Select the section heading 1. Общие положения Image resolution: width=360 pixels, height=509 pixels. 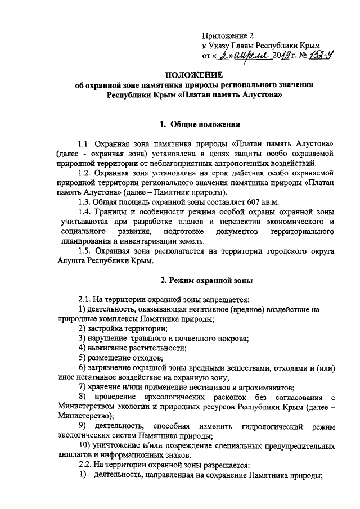pyautogui.click(x=201, y=123)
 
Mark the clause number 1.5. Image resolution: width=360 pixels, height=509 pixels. pyautogui.click(x=85, y=251)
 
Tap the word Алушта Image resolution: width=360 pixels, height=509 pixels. pyautogui.click(x=71, y=261)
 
